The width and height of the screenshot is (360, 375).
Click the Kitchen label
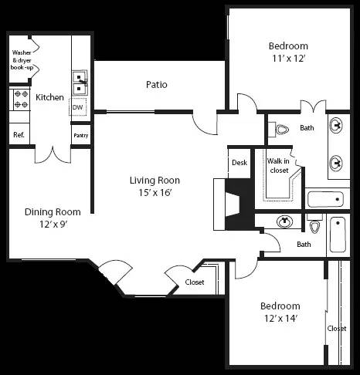coord(49,98)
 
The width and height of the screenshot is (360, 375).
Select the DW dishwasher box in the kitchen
coord(78,107)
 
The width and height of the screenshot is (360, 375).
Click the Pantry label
coord(80,135)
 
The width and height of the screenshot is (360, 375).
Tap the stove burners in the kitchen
coord(19,100)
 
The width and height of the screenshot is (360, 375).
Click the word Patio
coord(156,84)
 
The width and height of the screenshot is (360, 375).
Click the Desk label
coord(239,163)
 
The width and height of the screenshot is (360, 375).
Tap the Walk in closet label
coord(278,165)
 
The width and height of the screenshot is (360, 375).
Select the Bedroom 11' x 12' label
coord(288,51)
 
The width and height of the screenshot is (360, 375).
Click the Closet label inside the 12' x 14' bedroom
coord(337,328)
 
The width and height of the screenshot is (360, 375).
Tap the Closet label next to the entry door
coord(195,282)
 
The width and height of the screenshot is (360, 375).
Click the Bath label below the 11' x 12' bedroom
coord(307,128)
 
